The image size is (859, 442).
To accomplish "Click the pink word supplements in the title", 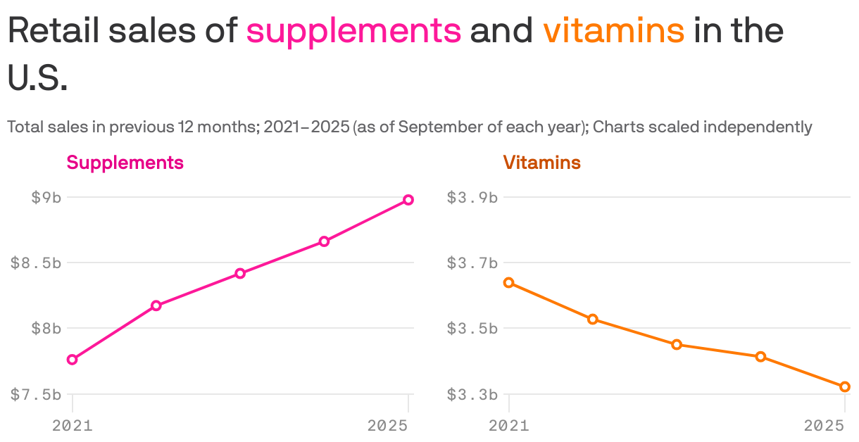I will coord(353,31).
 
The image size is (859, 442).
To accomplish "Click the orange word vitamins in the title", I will coord(613,31).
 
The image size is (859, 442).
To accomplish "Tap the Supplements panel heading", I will coord(125,163).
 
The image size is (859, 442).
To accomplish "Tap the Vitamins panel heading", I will coord(541,163).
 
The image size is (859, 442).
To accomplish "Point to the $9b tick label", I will coord(46,197).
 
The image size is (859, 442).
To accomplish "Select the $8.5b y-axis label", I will coord(36,263).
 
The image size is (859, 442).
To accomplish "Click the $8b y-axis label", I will coord(46,328).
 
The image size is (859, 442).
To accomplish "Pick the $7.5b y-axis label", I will coord(36,394).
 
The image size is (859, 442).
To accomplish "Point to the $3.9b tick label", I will coord(472,197).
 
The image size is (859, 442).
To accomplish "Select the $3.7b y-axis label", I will coord(472,263).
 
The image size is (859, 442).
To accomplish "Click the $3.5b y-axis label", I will coord(472,328).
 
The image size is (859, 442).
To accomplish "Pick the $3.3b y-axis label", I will coord(472,394).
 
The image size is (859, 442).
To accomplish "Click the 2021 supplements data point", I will coord(72,360).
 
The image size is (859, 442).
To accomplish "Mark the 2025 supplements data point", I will coord(408,200).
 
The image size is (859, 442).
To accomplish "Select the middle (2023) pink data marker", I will coord(240,273).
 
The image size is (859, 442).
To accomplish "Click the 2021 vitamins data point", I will coord(509,283).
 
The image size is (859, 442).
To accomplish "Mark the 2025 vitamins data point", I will coord(845,386).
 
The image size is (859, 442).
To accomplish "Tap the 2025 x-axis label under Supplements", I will coord(388,426).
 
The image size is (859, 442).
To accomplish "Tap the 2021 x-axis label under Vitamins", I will coord(509,426).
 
